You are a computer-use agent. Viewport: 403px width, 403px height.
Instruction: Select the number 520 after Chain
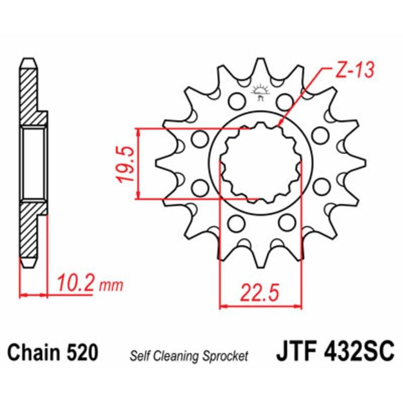(x=81, y=352)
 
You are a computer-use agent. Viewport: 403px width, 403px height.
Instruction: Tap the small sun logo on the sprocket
(x=260, y=92)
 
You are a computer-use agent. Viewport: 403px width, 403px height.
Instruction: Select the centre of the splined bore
(x=260, y=163)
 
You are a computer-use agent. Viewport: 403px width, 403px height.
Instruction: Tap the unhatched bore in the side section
(x=34, y=163)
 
